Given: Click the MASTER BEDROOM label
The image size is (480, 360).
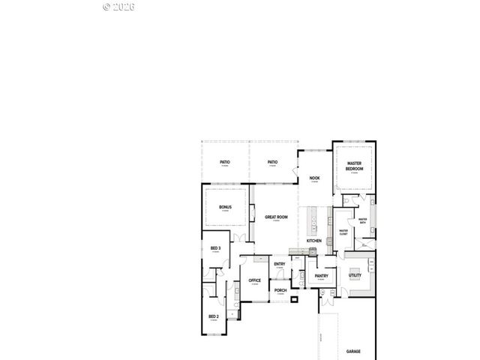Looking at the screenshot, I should click(x=354, y=167).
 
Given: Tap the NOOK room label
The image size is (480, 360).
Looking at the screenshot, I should click(x=314, y=178).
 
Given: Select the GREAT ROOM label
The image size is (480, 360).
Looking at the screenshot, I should click(x=276, y=217).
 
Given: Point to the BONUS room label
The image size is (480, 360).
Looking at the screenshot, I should click(x=225, y=207).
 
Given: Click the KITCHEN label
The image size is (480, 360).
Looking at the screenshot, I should click(x=313, y=240).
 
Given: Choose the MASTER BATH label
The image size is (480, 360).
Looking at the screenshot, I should click(x=362, y=220).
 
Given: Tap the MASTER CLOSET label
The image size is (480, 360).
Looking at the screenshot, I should click(x=343, y=232).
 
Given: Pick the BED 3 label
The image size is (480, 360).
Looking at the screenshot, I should click(x=215, y=248).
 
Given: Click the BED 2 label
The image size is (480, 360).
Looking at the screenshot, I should click(x=213, y=316).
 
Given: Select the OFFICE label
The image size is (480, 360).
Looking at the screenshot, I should click(x=254, y=280).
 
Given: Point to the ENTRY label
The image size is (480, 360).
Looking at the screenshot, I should click(x=279, y=264).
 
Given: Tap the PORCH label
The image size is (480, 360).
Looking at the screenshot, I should click(x=280, y=290).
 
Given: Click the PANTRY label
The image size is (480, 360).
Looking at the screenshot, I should click(x=322, y=276).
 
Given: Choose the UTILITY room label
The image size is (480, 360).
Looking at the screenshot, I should click(x=355, y=275).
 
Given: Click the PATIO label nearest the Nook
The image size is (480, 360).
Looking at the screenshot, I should click(x=273, y=162).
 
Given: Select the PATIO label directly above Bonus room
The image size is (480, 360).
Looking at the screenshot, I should click(x=224, y=162).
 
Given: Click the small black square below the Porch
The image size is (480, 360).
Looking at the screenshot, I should click(x=294, y=298).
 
